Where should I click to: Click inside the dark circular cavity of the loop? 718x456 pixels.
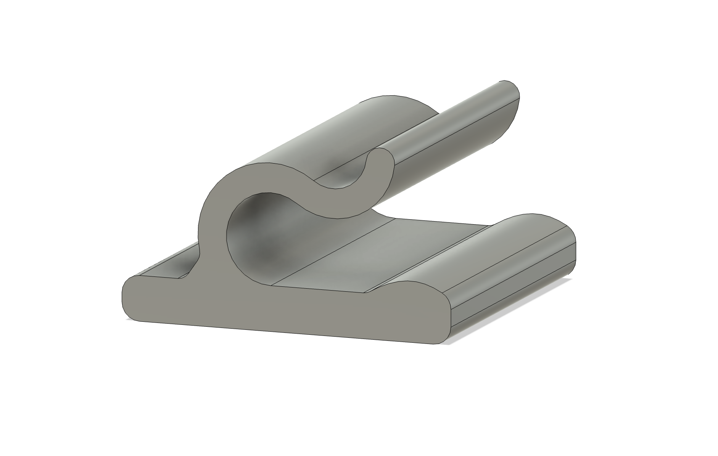tap(259, 236)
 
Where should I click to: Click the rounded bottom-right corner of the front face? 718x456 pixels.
tap(444, 339)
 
